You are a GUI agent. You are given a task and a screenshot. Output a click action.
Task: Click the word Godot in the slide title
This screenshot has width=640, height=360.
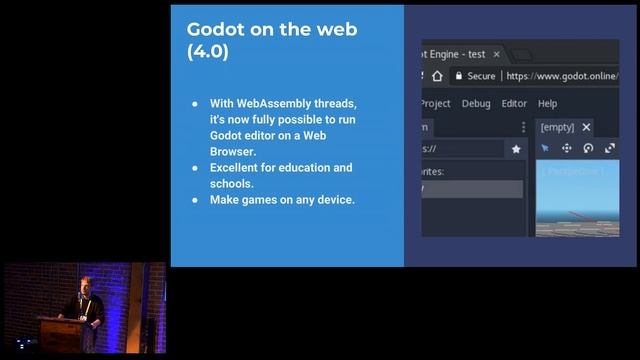point(214,29)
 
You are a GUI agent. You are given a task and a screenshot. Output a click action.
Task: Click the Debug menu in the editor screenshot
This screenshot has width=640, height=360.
point(476,103)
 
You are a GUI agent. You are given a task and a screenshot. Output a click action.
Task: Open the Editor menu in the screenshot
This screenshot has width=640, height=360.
point(514,103)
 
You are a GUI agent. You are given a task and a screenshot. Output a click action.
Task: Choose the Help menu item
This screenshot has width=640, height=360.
point(547,103)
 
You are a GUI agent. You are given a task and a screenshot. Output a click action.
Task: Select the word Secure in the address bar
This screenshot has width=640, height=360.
point(482,76)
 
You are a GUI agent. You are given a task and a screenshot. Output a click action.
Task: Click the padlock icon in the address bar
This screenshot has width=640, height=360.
point(459,76)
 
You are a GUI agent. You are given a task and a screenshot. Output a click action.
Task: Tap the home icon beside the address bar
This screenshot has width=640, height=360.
point(432,76)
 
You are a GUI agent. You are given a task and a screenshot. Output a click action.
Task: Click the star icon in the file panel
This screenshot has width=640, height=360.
point(516,148)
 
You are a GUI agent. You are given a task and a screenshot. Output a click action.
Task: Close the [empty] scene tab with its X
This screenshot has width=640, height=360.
point(586,127)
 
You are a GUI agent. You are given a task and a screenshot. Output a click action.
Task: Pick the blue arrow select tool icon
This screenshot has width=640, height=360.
point(545,148)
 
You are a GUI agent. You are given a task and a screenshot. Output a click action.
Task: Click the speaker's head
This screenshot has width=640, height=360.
point(85,284)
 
